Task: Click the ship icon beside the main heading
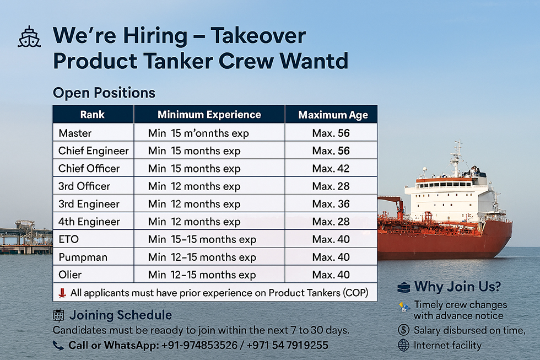tap(29, 36)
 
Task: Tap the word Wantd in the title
tap(314, 61)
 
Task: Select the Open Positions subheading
tap(104, 93)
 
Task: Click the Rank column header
tap(93, 114)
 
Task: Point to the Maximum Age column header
tap(333, 115)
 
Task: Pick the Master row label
tap(75, 133)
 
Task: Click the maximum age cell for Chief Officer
tap(331, 169)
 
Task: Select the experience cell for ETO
tap(202, 239)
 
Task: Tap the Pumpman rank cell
tap(83, 257)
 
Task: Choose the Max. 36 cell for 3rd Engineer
tap(331, 204)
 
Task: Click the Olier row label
tap(70, 275)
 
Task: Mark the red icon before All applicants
tap(62, 293)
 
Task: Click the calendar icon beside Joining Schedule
tap(58, 315)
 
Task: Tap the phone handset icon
tap(58, 345)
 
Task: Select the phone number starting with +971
tap(287, 345)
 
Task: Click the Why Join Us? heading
tap(457, 287)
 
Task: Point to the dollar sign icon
tap(403, 330)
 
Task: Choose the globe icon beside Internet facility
tap(403, 345)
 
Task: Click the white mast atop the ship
tap(457, 158)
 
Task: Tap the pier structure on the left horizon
tap(26, 237)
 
